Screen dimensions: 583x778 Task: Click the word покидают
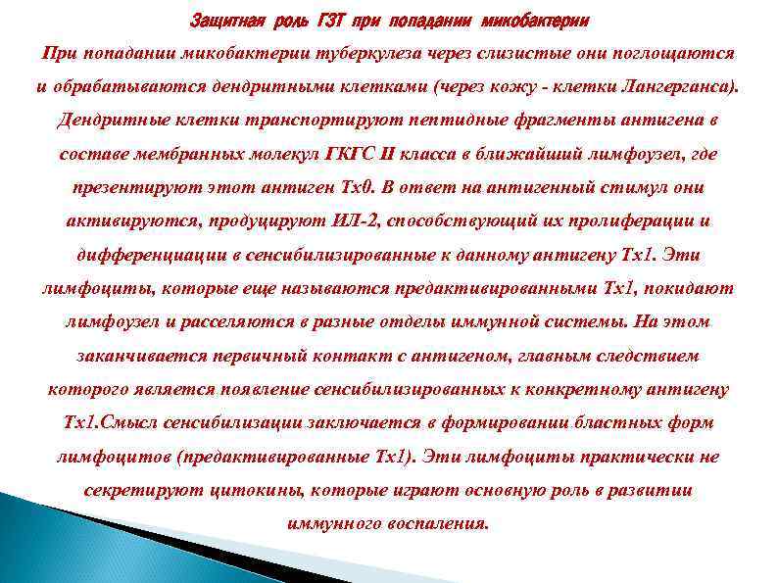point(690,289)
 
